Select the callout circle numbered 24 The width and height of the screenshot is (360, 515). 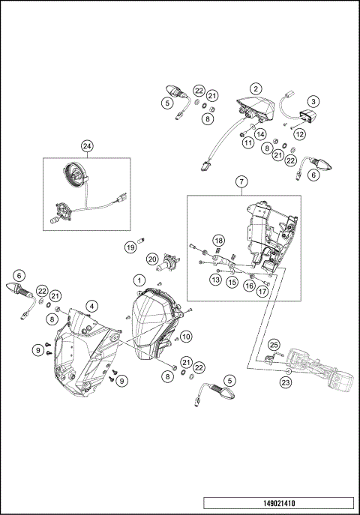[88, 146]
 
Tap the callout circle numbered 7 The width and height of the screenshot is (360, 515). [241, 182]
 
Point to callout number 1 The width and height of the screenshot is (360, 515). [139, 280]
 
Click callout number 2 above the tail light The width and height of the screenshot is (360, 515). [256, 88]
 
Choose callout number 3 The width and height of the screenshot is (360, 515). [314, 100]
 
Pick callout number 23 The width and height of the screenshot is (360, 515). [285, 381]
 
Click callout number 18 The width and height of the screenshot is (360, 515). [219, 240]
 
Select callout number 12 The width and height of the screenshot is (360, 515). [299, 135]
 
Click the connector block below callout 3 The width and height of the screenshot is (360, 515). [306, 115]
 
